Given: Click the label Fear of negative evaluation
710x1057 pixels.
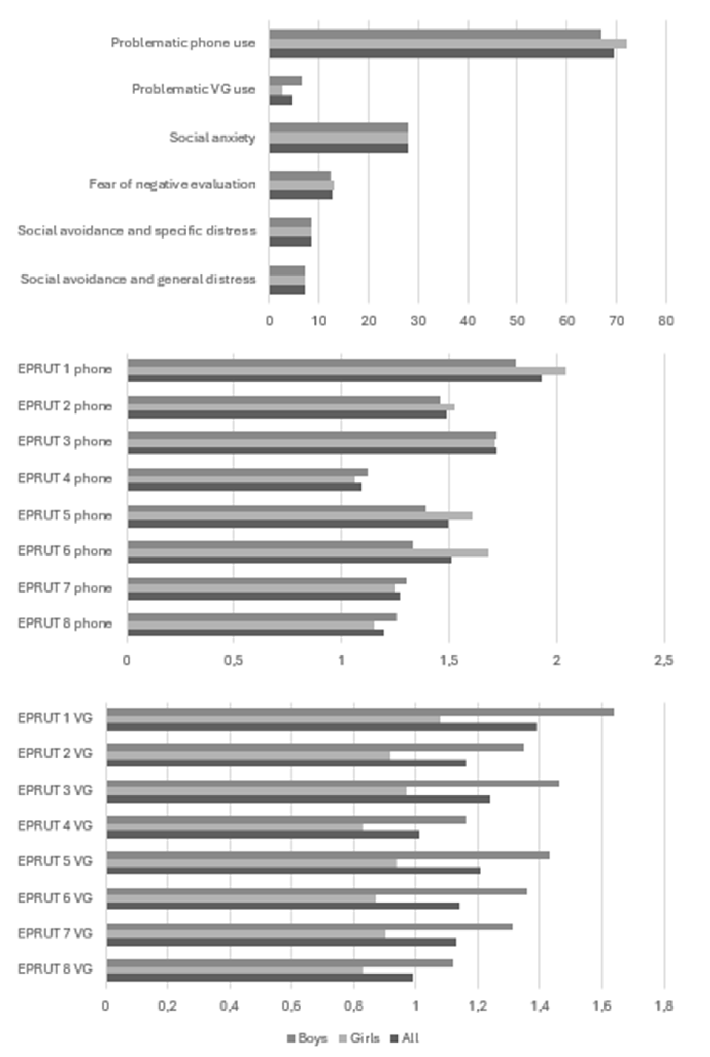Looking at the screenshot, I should (x=172, y=184).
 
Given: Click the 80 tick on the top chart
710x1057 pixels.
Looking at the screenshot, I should (x=666, y=320).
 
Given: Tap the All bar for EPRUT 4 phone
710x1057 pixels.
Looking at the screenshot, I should (x=244, y=487).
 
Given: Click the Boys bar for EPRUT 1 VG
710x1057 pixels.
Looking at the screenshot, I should (x=360, y=712).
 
